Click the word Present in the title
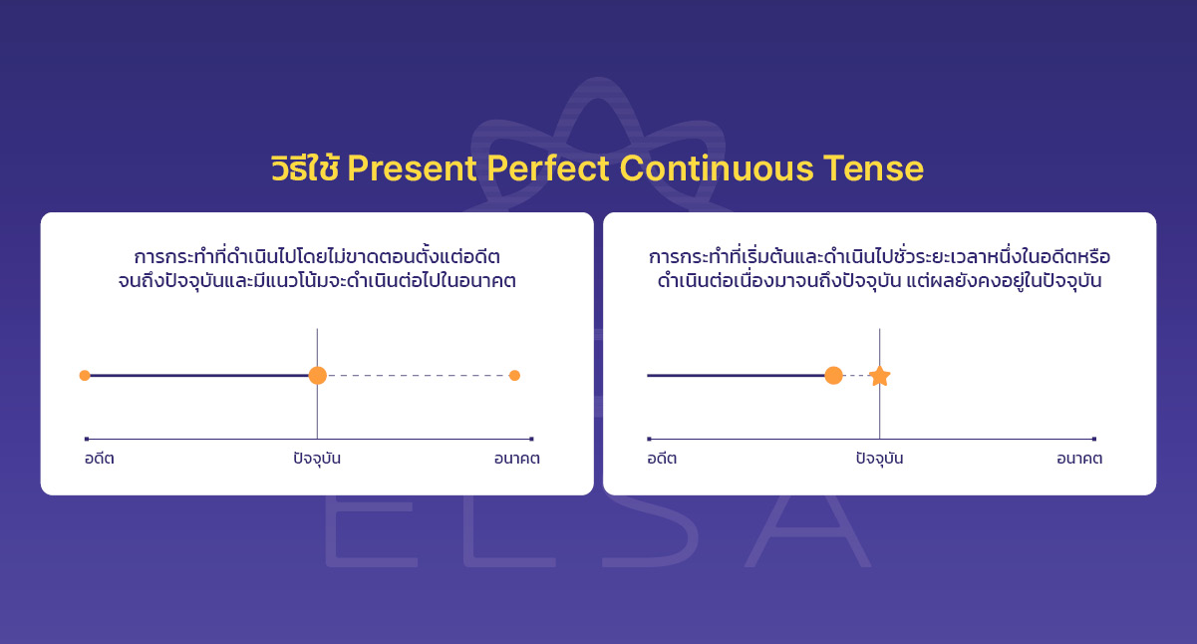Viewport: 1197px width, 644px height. (x=413, y=169)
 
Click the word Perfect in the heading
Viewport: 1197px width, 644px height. (x=547, y=169)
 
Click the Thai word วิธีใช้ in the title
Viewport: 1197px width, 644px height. (x=305, y=168)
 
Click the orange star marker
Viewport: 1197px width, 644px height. (x=879, y=376)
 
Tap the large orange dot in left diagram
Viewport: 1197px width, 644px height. (x=317, y=376)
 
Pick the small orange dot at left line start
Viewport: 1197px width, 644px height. (x=85, y=376)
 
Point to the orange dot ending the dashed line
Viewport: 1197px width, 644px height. (x=514, y=376)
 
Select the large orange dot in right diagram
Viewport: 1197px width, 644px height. (x=834, y=376)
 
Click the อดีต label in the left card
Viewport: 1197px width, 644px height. (x=100, y=459)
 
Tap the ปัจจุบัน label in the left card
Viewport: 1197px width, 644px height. (x=317, y=459)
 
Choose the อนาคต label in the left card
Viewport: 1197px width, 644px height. (x=516, y=459)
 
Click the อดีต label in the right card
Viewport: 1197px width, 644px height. (x=662, y=459)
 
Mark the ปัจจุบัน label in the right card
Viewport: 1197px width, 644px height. (x=879, y=459)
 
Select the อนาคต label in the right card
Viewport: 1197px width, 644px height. (x=1079, y=459)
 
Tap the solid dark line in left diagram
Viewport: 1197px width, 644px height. (x=199, y=376)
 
